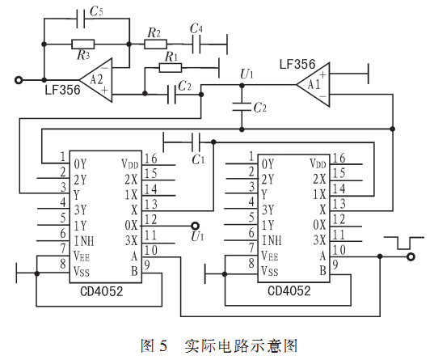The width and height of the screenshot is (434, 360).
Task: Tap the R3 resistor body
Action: pos(83,44)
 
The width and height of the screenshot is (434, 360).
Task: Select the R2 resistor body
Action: pos(155,44)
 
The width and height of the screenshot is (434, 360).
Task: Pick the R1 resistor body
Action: pos(171,68)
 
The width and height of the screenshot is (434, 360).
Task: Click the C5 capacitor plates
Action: pos(81,19)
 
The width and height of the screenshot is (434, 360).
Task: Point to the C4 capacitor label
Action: pos(196,28)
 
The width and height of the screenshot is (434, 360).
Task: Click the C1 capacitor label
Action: pos(198,159)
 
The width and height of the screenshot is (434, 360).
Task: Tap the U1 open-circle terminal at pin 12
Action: pos(195,226)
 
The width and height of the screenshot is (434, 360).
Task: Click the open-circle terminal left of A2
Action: pos(19,80)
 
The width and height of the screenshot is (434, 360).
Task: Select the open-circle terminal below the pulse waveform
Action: pos(411,257)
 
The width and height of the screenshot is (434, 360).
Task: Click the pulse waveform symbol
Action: pos(404,243)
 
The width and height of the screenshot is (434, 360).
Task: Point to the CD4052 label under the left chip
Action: pos(101,291)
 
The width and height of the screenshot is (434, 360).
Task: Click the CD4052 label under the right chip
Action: pos(289,290)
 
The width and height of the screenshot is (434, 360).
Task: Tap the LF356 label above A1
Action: pos(297,64)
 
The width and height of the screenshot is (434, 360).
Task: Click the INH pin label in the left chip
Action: pos(84,241)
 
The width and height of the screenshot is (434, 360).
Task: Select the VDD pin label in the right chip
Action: pos(318,163)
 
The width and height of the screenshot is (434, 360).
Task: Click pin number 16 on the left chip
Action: pos(151,159)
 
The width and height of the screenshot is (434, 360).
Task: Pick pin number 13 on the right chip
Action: pos(339,204)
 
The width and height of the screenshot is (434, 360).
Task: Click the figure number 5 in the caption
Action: pos(163,345)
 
